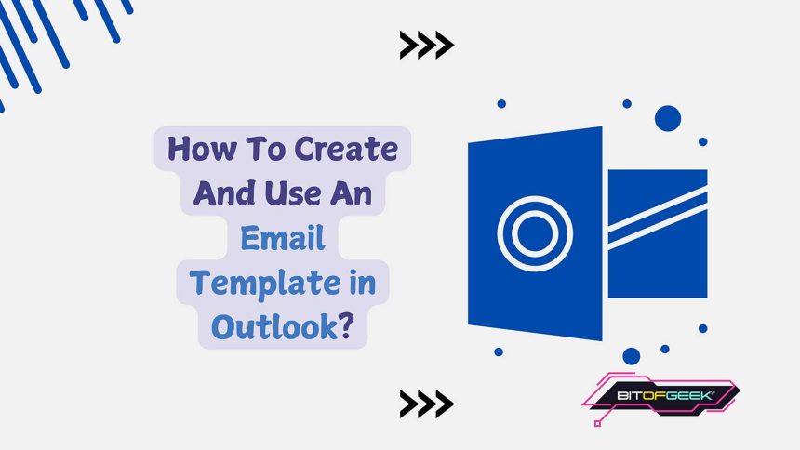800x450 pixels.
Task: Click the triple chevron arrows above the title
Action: (x=426, y=44)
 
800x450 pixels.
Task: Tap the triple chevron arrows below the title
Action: (x=426, y=403)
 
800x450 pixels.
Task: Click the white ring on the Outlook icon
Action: (x=529, y=227)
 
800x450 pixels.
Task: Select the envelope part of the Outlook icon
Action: (x=657, y=232)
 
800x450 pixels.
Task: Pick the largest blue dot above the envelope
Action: (x=668, y=118)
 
